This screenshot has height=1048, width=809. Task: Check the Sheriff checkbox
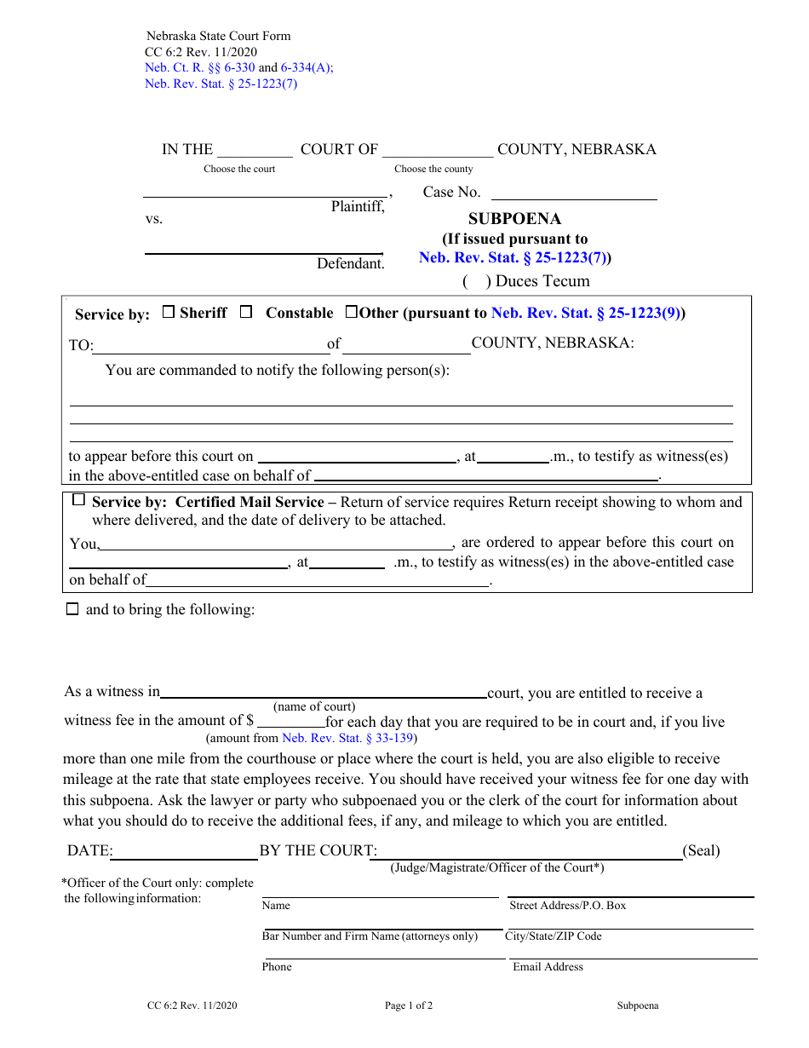coord(168,312)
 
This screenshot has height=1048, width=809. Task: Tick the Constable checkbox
coord(246,312)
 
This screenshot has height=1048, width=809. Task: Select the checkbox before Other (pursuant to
coord(351,312)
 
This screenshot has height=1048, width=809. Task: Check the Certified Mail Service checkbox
coord(79,500)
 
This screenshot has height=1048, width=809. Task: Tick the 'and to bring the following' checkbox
coord(72,609)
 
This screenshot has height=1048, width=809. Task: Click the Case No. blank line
coord(574,193)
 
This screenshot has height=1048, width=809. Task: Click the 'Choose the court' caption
coord(239,169)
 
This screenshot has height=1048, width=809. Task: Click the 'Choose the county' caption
coord(433,169)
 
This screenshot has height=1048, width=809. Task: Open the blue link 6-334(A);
coord(307,68)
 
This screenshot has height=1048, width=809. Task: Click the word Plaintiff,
coord(358,206)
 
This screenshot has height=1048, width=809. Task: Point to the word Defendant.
coord(350,264)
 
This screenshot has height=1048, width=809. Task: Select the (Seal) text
coord(701,850)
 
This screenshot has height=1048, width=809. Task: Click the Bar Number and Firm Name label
coord(370,936)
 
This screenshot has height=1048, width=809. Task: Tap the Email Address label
coord(548,967)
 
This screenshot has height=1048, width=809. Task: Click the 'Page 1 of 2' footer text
coord(409,1005)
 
